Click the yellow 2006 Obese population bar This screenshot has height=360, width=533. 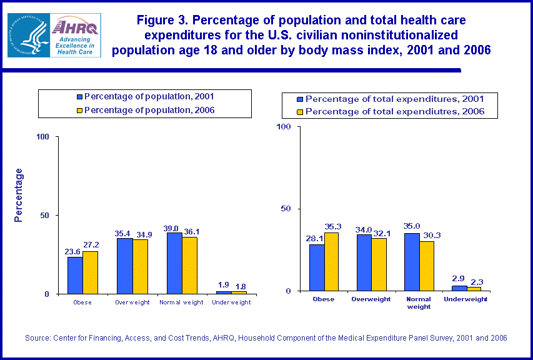coord(91,272)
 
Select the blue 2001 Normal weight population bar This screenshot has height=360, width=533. coord(174,263)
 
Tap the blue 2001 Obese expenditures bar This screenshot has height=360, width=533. coord(317,267)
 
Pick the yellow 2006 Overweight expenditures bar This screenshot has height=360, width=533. coord(379,264)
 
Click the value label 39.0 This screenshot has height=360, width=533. coord(174,227)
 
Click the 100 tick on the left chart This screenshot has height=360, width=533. coord(44,137)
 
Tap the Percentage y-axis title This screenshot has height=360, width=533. coord(19,195)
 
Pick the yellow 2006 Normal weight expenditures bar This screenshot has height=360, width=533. coord(426,266)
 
